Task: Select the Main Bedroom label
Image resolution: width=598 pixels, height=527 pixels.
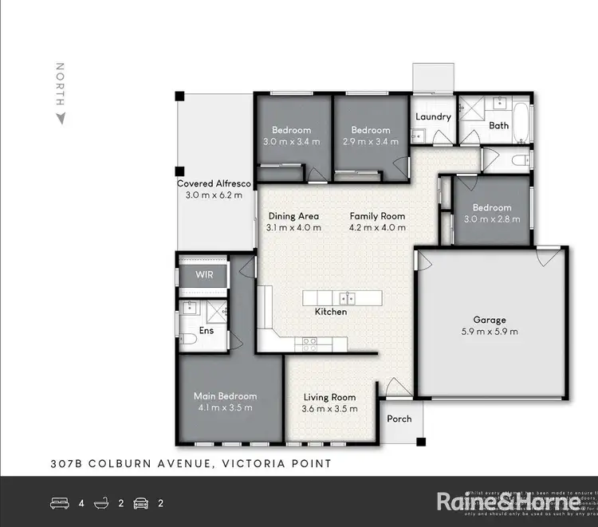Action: pos(225,396)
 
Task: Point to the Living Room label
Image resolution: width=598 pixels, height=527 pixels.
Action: pos(329,397)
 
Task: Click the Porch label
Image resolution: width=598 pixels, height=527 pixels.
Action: pos(399,419)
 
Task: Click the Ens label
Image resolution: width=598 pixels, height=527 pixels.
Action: pos(206,330)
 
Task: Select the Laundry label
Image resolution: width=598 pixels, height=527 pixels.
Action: pos(434,116)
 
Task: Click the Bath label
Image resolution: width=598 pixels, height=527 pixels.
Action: pos(499,125)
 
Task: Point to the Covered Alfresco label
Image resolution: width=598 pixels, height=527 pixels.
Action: pos(214,183)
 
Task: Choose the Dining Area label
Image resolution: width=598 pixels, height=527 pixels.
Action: pos(293,216)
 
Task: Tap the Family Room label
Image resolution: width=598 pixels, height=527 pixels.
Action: pos(377,216)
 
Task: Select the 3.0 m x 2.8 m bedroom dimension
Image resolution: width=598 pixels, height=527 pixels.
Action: pos(491,219)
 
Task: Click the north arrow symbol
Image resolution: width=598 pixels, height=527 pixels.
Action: pos(60,119)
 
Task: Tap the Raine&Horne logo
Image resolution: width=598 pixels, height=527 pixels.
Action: pos(507,501)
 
